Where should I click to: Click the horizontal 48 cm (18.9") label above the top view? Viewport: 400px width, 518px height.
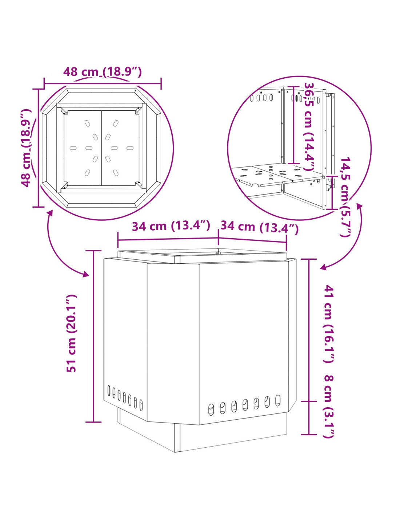coord(103,72)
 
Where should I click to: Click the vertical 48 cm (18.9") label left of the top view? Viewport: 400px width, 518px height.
coord(26,148)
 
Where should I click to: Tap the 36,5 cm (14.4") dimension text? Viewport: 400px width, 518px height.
coord(310,126)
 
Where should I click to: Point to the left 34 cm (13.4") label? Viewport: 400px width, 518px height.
coord(171,226)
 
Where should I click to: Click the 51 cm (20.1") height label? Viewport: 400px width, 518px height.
coord(71,333)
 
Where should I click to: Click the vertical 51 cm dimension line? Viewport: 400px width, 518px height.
coord(93,336)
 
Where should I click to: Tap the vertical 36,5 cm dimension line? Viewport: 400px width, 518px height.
coord(293,125)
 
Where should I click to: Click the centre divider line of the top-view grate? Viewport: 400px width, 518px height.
coord(101,148)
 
